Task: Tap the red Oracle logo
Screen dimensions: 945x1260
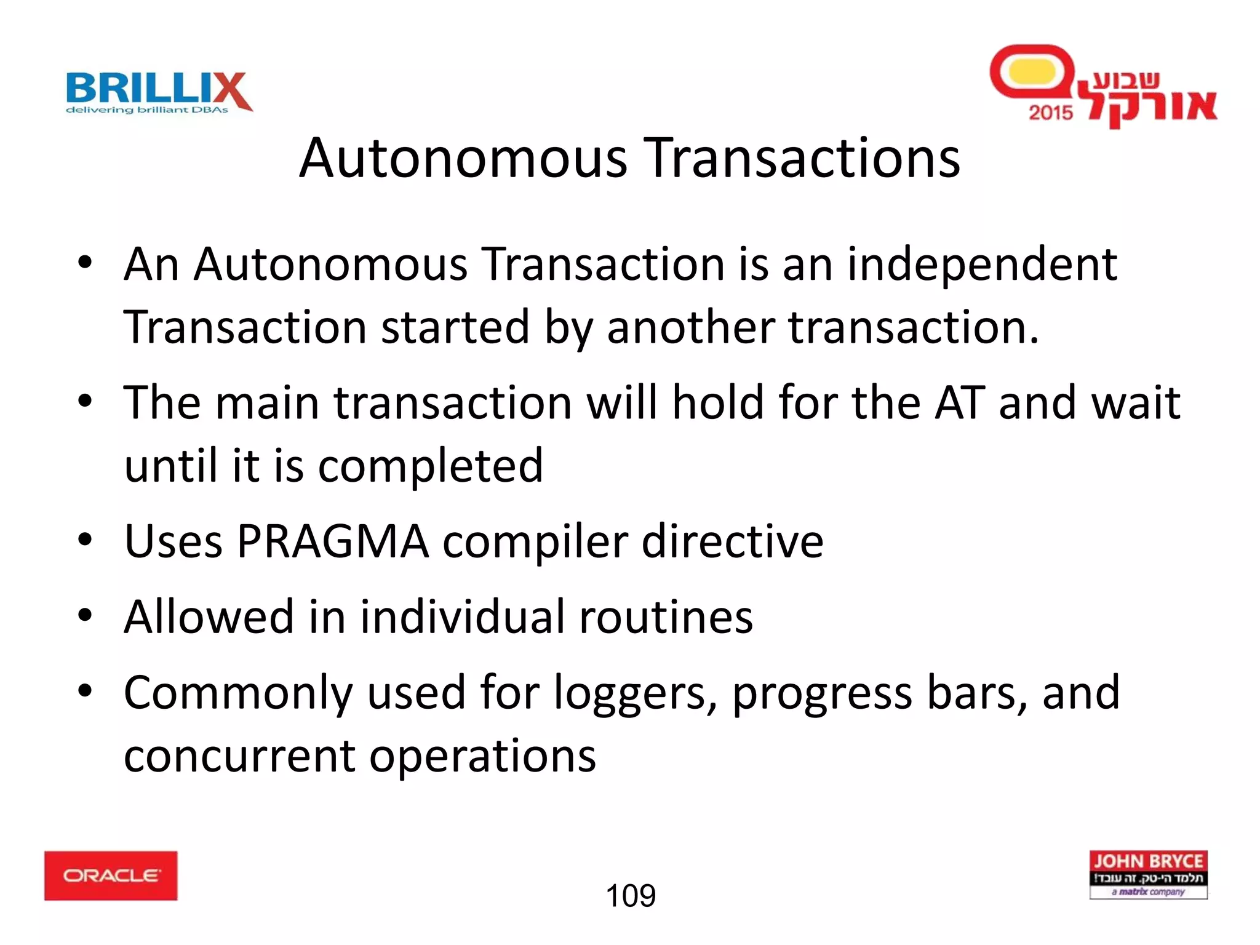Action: [x=111, y=875]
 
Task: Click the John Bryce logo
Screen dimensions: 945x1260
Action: [x=1148, y=875]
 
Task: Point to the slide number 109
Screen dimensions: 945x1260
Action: [x=631, y=896]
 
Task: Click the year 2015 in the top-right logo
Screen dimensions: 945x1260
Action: [x=1051, y=113]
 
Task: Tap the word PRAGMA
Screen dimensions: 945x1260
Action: [x=332, y=541]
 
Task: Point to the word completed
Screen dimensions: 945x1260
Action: [x=431, y=466]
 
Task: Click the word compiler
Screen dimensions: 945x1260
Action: [x=535, y=541]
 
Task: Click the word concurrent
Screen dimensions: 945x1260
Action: [x=239, y=756]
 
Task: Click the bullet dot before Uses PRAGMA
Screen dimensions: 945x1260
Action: [x=85, y=540]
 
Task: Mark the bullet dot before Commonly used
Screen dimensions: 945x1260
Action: [x=85, y=691]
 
